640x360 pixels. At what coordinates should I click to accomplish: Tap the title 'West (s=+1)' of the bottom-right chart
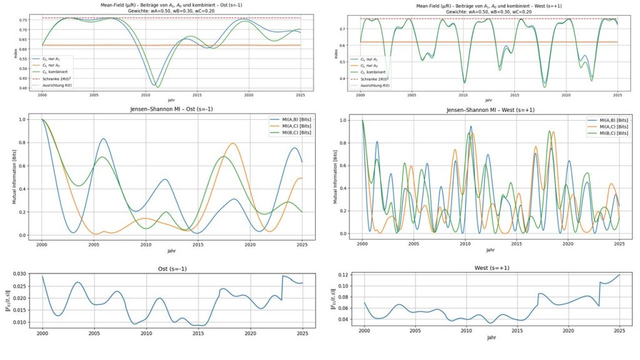(489, 268)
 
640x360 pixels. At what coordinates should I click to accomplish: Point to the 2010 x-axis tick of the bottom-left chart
(146, 334)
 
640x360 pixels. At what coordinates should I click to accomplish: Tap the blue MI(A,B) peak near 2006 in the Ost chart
(104, 139)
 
